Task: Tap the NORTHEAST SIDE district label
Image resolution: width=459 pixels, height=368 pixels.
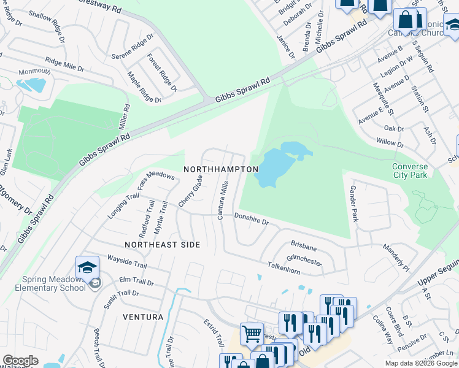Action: coord(163,245)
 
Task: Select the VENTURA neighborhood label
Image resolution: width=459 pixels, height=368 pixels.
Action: coord(143,317)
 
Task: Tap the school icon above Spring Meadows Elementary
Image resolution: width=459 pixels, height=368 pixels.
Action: coord(87,267)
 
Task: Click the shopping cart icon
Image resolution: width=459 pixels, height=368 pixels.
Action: coord(252,334)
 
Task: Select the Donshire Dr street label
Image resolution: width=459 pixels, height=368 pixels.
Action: coord(252,218)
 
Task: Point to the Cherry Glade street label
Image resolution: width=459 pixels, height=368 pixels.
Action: coord(190,190)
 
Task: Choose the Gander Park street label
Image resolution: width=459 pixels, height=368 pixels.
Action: coord(353,204)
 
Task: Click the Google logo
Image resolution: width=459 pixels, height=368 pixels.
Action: coord(20,361)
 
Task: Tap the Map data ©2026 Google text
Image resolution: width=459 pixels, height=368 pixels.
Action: coord(420,363)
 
